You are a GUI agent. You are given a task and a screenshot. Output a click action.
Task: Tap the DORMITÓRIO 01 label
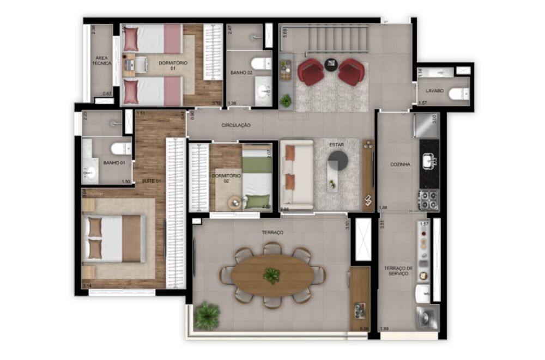[x=173, y=66]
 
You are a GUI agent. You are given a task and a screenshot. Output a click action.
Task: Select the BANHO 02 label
[x=241, y=72]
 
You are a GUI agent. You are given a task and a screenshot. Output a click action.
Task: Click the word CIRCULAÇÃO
[x=236, y=125]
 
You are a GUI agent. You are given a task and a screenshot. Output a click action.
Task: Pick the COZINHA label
[x=401, y=164]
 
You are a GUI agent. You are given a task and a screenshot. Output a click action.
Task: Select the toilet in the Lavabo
[x=457, y=94]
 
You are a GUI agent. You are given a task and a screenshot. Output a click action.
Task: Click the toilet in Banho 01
[x=120, y=148]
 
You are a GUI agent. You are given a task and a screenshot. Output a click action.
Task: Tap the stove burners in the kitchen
[x=428, y=200]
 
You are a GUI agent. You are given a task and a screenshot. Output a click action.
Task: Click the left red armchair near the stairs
[x=311, y=72]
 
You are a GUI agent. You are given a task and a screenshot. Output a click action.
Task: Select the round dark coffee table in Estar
[x=338, y=161]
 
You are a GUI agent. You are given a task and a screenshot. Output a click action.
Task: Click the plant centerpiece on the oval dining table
[x=271, y=276]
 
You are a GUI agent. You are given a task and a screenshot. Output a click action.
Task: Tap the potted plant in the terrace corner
[x=207, y=316]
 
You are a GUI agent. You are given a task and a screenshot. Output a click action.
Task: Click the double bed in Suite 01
[x=114, y=238]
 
